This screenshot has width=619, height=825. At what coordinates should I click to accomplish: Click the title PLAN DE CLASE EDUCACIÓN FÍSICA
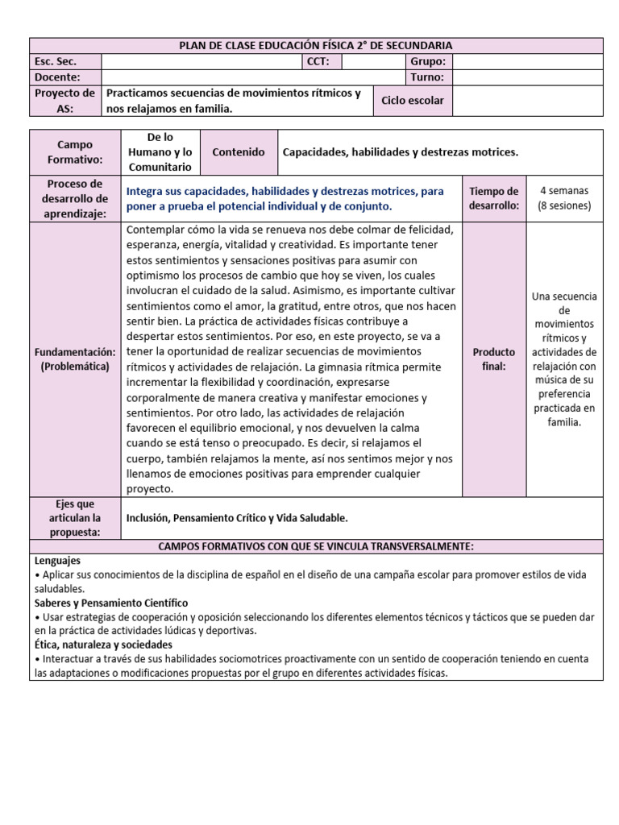pyautogui.click(x=315, y=46)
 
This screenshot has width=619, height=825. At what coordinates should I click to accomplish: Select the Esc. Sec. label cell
pyautogui.click(x=65, y=62)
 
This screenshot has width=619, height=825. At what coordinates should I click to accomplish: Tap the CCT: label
pyautogui.click(x=322, y=62)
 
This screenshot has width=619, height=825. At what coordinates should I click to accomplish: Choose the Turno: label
pyautogui.click(x=427, y=77)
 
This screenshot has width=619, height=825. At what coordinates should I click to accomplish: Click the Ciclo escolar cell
pyautogui.click(x=413, y=101)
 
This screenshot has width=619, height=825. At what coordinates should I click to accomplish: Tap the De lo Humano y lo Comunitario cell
pyautogui.click(x=160, y=152)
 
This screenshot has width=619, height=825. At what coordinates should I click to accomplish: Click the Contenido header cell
pyautogui.click(x=238, y=152)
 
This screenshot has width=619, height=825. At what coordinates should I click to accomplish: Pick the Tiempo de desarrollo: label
pyautogui.click(x=493, y=198)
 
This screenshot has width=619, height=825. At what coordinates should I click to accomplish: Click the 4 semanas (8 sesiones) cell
pyautogui.click(x=564, y=198)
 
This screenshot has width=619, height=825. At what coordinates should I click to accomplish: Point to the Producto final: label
pyautogui.click(x=493, y=359)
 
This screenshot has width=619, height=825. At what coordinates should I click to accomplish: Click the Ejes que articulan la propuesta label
pyautogui.click(x=75, y=518)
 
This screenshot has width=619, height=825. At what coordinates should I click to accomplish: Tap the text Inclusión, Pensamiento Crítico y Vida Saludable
pyautogui.click(x=237, y=518)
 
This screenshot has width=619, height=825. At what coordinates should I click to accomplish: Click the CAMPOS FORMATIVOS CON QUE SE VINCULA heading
pyautogui.click(x=315, y=547)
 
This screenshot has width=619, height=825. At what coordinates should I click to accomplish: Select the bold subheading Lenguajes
pyautogui.click(x=57, y=560)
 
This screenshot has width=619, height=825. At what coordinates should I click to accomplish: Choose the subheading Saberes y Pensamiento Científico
pyautogui.click(x=111, y=603)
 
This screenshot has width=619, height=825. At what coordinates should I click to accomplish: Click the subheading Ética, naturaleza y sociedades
pyautogui.click(x=103, y=645)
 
